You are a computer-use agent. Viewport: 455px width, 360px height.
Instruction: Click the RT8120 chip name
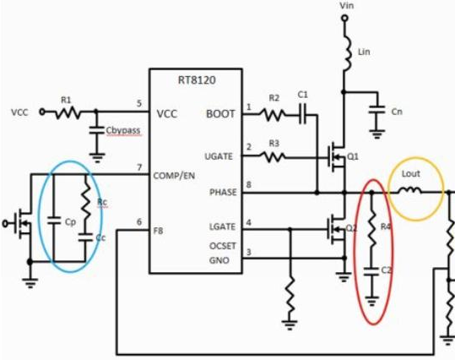[x=197, y=80]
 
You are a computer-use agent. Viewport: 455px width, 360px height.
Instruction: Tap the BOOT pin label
[x=220, y=114]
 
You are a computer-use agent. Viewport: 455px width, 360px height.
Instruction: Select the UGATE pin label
[x=219, y=156]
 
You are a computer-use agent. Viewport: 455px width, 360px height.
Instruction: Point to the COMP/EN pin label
[x=174, y=176]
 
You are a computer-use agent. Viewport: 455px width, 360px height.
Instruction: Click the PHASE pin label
[x=223, y=193]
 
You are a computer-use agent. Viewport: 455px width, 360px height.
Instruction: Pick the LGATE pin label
[x=222, y=226]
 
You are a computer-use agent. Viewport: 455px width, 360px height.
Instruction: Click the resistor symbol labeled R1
[x=68, y=112]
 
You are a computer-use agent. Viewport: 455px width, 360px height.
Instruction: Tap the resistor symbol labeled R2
[x=272, y=114]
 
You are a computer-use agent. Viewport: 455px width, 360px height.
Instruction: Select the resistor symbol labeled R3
[x=272, y=157]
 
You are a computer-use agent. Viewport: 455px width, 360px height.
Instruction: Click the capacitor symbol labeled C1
[x=303, y=115]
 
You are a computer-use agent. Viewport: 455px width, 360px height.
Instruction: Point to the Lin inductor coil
[x=346, y=53]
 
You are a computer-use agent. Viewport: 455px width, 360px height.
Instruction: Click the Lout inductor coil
[x=409, y=191]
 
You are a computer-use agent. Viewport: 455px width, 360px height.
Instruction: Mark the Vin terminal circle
[x=344, y=19]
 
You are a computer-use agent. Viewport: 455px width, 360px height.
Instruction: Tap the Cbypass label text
[x=123, y=130]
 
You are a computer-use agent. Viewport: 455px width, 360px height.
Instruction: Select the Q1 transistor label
[x=353, y=157]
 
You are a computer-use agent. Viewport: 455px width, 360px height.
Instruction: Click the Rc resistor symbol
[x=85, y=200]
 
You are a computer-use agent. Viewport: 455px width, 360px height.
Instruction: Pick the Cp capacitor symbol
[x=54, y=221]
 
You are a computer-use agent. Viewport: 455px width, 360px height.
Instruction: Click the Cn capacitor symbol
[x=376, y=110]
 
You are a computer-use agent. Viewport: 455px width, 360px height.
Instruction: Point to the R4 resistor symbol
[x=371, y=229]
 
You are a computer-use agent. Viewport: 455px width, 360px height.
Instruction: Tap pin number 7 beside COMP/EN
[x=139, y=167]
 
